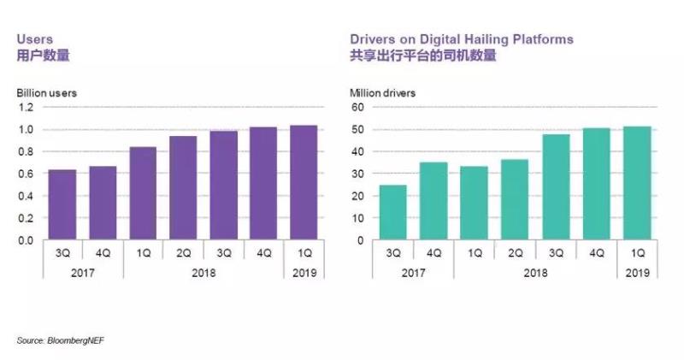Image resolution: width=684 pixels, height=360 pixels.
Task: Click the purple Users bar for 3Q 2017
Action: pyautogui.click(x=62, y=205)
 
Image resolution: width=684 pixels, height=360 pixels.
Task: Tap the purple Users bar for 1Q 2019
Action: pyautogui.click(x=303, y=183)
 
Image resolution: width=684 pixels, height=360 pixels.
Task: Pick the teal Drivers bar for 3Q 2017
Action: pyautogui.click(x=393, y=213)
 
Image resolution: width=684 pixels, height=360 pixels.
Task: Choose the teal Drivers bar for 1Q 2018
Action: pyautogui.click(x=474, y=204)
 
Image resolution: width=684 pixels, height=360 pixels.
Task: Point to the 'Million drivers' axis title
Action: pyautogui.click(x=383, y=92)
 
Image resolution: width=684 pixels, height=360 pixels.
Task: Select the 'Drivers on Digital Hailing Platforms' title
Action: pyautogui.click(x=462, y=39)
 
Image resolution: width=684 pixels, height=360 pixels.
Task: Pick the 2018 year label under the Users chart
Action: pyautogui.click(x=203, y=274)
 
